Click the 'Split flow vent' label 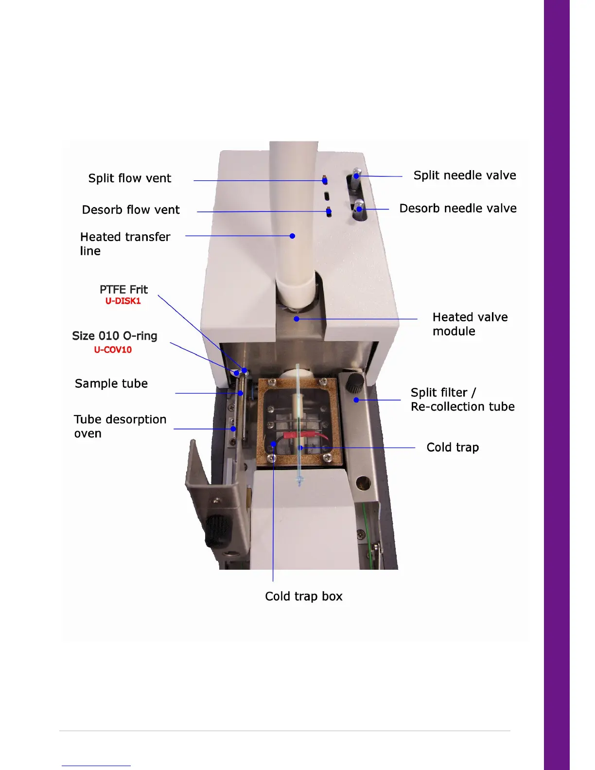click(129, 178)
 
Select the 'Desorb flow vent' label click(130, 210)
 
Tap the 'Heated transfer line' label click(125, 244)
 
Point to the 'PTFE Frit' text click(123, 290)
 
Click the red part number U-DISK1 click(123, 301)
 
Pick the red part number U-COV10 click(113, 350)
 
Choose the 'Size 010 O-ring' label click(115, 336)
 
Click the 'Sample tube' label click(111, 384)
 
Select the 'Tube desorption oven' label click(120, 426)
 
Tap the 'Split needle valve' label click(465, 175)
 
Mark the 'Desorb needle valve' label click(458, 209)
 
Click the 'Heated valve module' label click(470, 324)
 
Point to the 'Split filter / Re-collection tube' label click(462, 400)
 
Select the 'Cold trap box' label click(304, 596)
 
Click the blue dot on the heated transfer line click(292, 236)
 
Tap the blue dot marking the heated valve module click(297, 319)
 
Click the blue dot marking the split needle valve click(356, 176)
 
